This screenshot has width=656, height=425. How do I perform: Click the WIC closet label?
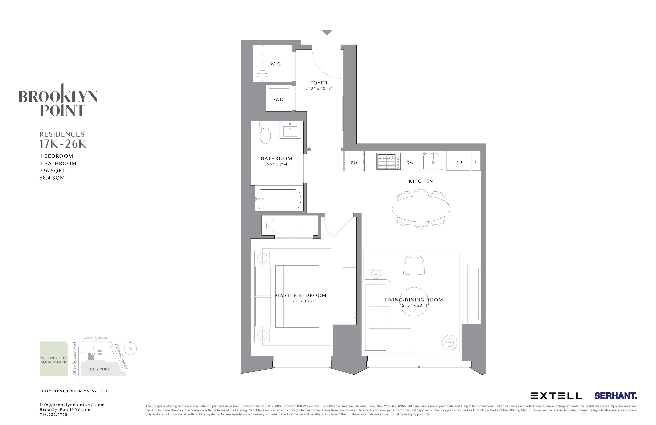click(275, 64)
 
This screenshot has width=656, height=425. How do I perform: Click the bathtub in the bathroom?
click(279, 199)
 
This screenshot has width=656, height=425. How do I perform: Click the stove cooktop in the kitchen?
click(386, 161)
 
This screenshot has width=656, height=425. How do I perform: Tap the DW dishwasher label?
click(410, 163)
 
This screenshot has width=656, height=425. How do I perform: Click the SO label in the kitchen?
click(354, 163)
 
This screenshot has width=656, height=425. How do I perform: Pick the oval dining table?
click(421, 209)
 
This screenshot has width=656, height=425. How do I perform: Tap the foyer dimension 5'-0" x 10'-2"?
click(319, 89)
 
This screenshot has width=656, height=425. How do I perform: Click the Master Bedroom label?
click(301, 295)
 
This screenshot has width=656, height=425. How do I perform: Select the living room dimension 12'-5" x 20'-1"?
click(414, 305)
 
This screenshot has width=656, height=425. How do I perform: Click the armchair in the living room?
click(414, 265)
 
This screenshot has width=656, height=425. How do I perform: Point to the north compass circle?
click(130, 348)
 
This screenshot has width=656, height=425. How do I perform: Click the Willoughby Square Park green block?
click(54, 358)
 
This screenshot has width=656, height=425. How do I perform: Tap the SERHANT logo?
click(615, 396)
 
